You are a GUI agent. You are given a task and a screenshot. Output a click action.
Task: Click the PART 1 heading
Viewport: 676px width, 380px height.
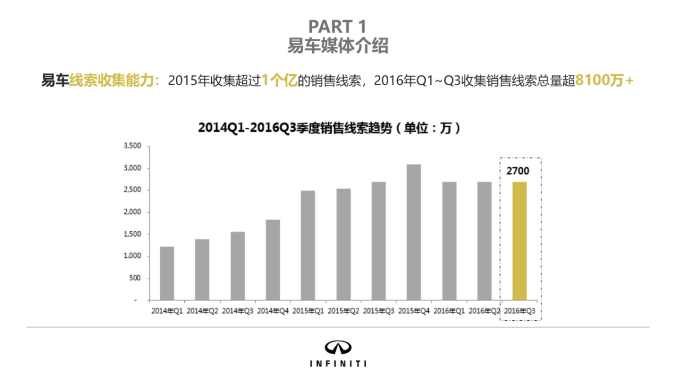coord(337,26)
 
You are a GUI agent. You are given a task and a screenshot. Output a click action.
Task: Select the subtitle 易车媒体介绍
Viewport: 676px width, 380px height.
coord(337,46)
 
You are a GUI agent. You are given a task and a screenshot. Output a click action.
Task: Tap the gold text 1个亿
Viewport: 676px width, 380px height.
coord(279,81)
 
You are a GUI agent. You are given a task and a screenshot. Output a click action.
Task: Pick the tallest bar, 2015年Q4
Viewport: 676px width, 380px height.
coord(413,232)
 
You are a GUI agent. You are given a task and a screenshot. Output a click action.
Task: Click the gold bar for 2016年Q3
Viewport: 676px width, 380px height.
coord(519,241)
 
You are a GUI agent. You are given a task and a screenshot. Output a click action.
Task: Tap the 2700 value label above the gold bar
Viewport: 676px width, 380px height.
coord(518,171)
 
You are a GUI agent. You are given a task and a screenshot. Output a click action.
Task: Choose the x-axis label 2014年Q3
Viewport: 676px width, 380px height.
coord(237,310)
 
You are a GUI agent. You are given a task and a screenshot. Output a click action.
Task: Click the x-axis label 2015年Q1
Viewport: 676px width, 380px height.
coord(308,310)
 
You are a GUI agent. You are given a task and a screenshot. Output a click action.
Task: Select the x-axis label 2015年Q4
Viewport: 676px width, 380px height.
coord(413,310)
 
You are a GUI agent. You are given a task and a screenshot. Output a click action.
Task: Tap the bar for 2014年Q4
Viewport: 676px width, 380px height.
coord(273,260)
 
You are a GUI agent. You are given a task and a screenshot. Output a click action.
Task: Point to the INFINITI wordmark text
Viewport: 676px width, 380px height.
coord(338,364)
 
